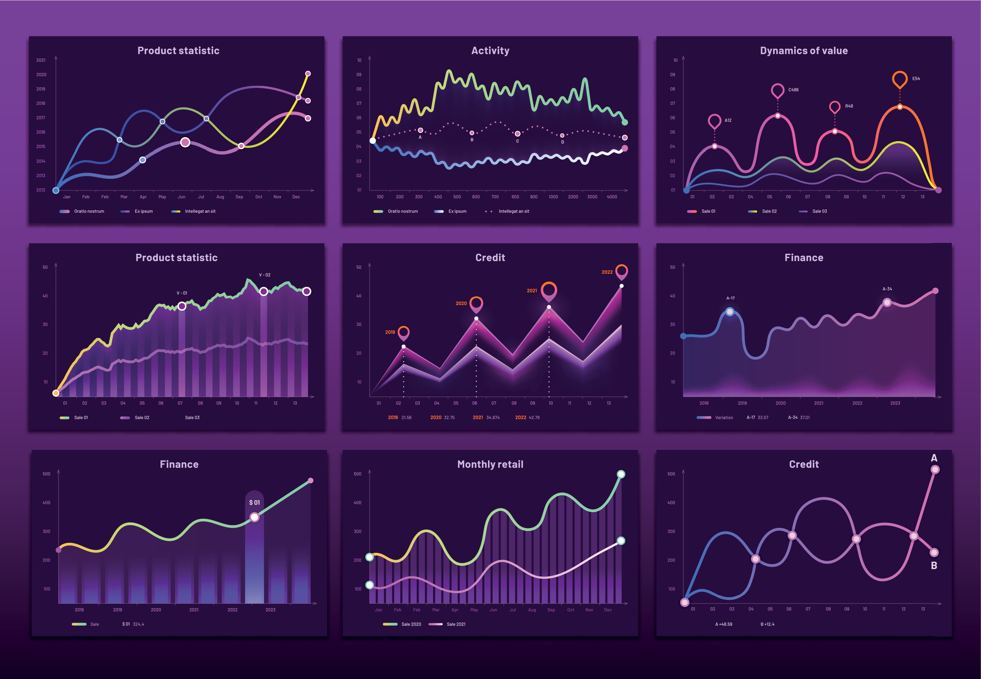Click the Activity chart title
click(x=490, y=51)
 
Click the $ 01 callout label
click(x=254, y=503)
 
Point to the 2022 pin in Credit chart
click(x=621, y=271)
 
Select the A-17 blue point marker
click(x=730, y=312)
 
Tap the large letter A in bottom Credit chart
click(x=934, y=458)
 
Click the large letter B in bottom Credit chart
click(x=934, y=565)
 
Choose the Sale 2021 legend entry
click(x=455, y=624)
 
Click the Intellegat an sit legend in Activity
click(x=513, y=211)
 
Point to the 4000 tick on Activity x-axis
click(x=612, y=197)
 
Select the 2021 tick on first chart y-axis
click(x=41, y=60)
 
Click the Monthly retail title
click(x=490, y=464)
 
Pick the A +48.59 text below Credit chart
click(x=724, y=624)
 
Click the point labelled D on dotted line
click(x=562, y=136)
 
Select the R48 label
click(x=849, y=106)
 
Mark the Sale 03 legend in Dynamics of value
click(x=819, y=211)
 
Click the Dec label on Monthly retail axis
click(x=607, y=610)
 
